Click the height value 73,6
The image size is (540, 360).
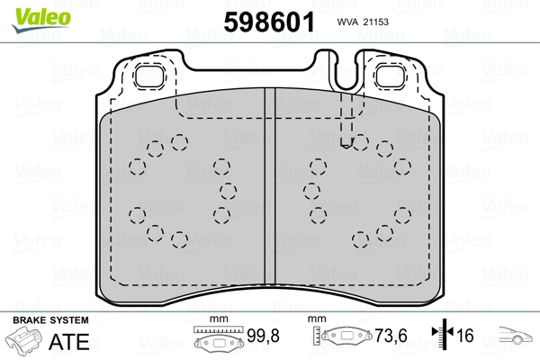(x=390, y=337)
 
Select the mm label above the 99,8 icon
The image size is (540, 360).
(x=216, y=320)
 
